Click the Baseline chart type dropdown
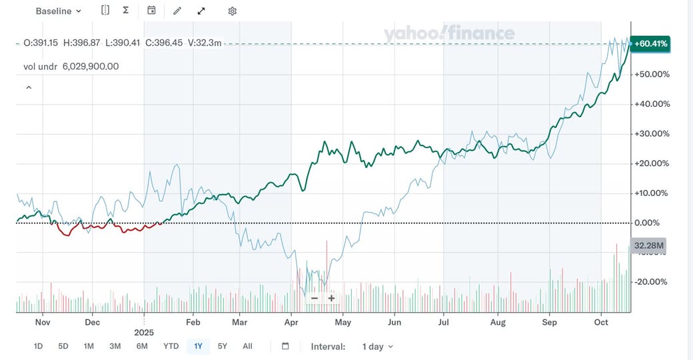coord(59,11)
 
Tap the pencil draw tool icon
coord(177,11)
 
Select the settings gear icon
coord(232,11)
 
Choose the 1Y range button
coord(198,346)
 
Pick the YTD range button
coord(171,346)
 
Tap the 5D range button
coord(63,346)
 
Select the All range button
coord(247,346)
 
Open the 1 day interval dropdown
coord(377,347)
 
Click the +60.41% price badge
coord(650,44)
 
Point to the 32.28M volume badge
coord(649,245)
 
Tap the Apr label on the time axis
coord(291,323)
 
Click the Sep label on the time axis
coord(549,323)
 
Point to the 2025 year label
coord(144,331)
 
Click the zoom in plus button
coord(331,298)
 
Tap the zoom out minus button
coord(315,298)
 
